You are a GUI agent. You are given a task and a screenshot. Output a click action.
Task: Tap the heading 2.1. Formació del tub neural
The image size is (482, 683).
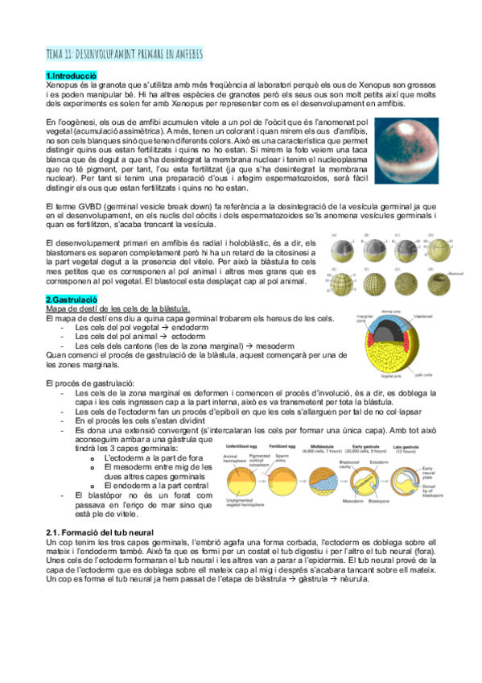click(x=106, y=535)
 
